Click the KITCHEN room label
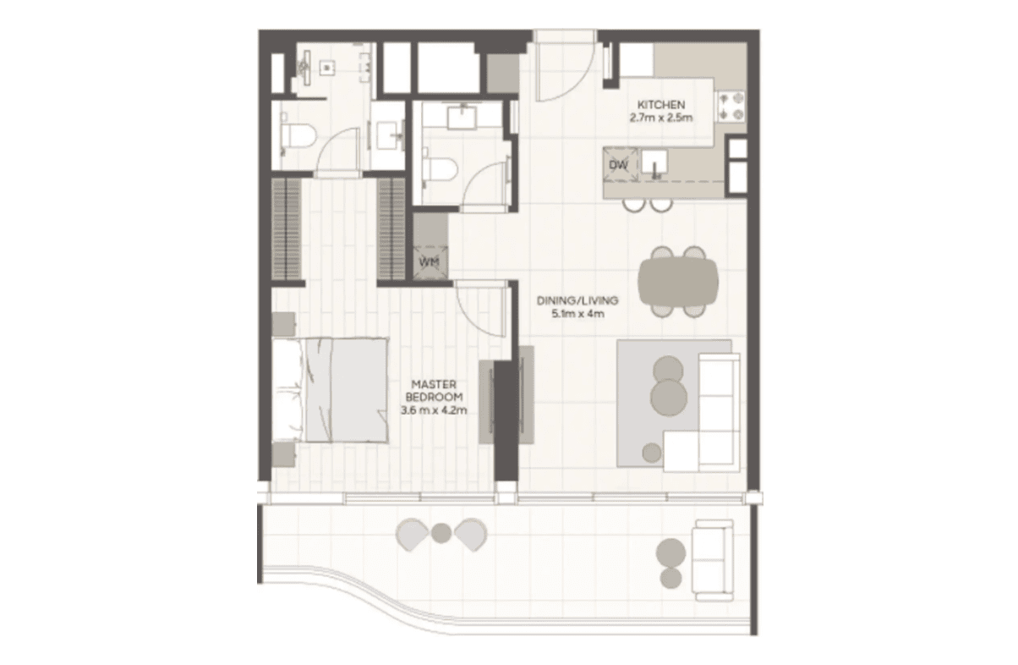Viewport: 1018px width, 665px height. [x=661, y=105]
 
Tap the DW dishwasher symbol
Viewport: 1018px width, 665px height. [x=619, y=165]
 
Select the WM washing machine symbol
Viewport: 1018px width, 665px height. [x=430, y=262]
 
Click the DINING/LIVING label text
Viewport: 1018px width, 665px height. [x=577, y=300]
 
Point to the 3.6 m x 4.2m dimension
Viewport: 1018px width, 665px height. [x=434, y=410]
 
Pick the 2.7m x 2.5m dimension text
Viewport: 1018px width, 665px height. [x=661, y=118]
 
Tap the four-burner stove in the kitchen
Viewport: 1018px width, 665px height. [x=731, y=106]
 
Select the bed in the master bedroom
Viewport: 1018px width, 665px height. [x=331, y=390]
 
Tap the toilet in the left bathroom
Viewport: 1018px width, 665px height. [x=297, y=135]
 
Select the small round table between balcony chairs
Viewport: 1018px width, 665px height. [x=441, y=533]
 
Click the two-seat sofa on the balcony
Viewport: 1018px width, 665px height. [x=713, y=561]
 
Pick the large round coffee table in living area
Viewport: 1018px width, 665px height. [x=669, y=398]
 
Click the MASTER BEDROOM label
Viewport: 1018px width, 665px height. [x=434, y=391]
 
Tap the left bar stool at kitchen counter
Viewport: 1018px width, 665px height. [x=633, y=206]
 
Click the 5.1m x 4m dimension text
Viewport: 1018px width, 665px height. [x=577, y=314]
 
